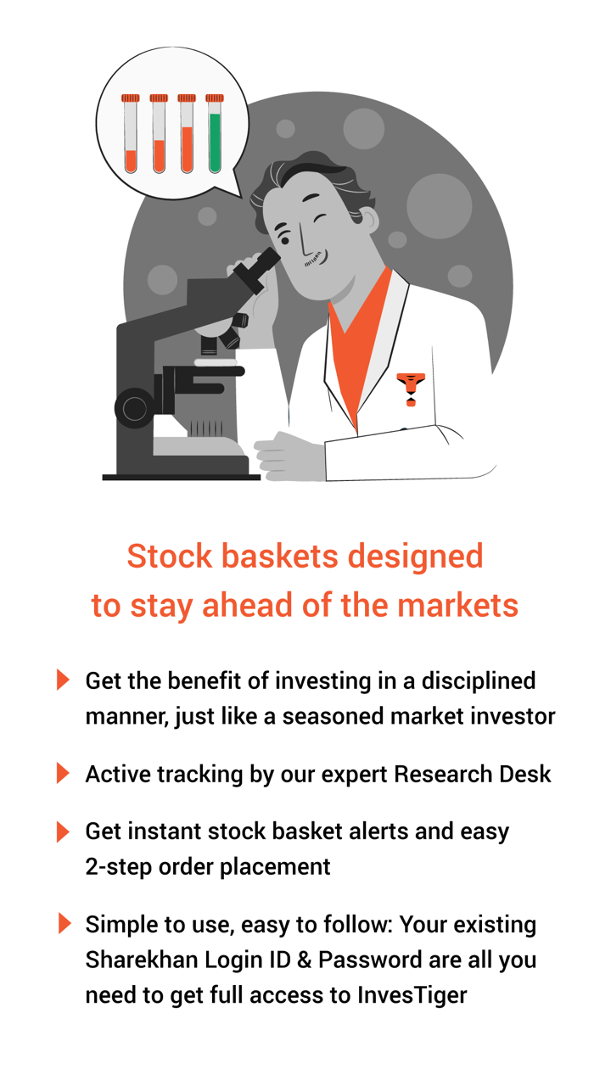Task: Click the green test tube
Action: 215,133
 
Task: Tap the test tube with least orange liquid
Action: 131,133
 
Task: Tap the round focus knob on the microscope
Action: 135,408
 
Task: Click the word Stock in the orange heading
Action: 170,556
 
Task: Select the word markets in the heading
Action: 457,606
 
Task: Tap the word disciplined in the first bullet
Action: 479,680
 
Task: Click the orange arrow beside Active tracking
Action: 63,773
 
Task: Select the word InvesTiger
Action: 412,995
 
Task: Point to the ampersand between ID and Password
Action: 305,960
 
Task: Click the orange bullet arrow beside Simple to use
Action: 64,923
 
